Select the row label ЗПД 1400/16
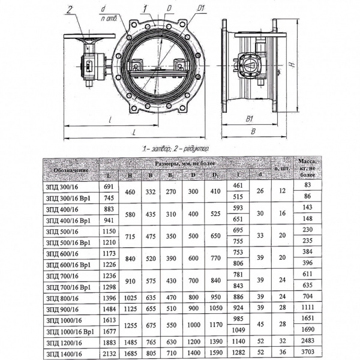[x=64, y=355]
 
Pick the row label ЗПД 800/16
[x=62, y=298]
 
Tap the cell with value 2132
[x=109, y=355]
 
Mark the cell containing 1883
[x=109, y=343]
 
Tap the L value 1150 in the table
[x=109, y=230]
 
